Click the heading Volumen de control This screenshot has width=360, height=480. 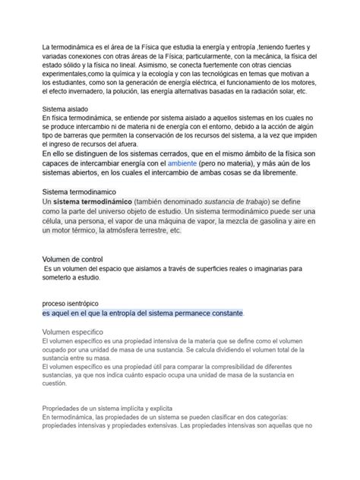[x=72, y=259]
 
